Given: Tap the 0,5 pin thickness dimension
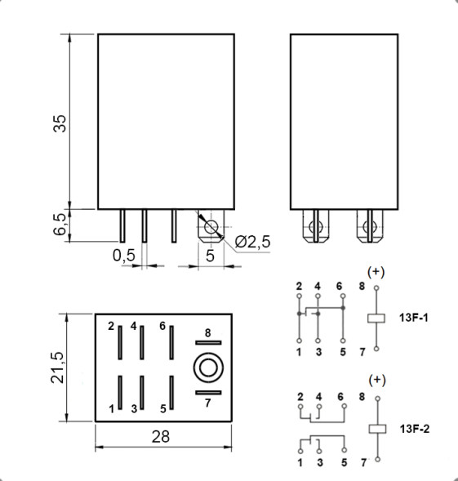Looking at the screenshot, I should click(123, 255).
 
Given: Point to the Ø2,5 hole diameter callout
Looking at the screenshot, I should click(252, 243).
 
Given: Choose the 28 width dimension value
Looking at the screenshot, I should click(161, 436).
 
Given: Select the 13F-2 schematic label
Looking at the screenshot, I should click(414, 428).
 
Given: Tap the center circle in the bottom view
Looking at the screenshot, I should click(207, 367).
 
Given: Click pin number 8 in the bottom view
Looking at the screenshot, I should click(207, 332).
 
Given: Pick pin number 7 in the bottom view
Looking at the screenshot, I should click(207, 403).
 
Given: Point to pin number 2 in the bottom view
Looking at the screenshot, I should click(111, 326).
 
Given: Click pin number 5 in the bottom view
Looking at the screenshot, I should click(162, 408).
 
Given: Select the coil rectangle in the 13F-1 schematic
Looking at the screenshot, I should click(376, 317).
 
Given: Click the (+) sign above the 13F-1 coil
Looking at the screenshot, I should click(376, 271).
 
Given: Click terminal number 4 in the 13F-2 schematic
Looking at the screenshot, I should click(318, 396).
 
